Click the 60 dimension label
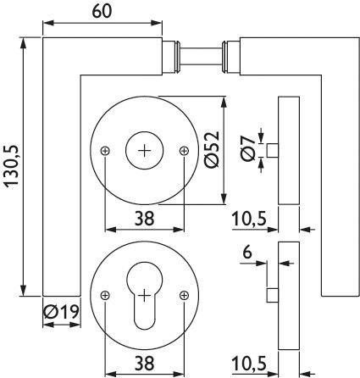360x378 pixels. tap(102, 11)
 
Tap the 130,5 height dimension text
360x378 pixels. tap(12, 166)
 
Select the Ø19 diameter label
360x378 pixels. tap(61, 312)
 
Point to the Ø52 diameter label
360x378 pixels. tap(213, 149)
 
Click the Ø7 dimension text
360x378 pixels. tap(248, 147)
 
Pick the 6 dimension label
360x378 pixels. tap(247, 253)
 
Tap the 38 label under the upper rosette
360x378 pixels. tap(144, 219)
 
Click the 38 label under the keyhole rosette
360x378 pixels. tap(144, 363)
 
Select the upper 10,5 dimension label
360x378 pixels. tap(249, 220)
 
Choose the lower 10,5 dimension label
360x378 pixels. tap(249, 364)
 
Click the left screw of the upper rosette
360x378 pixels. tap(105, 151)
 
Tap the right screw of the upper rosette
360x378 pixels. tap(184, 151)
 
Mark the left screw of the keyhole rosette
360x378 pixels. tap(105, 296)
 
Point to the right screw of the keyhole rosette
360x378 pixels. tap(184, 296)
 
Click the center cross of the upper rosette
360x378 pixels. tap(145, 151)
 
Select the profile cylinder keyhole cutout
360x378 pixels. tap(145, 296)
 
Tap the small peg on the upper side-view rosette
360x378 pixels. tap(273, 150)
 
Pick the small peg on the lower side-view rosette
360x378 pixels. tap(273, 296)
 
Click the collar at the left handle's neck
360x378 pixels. tap(171, 56)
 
